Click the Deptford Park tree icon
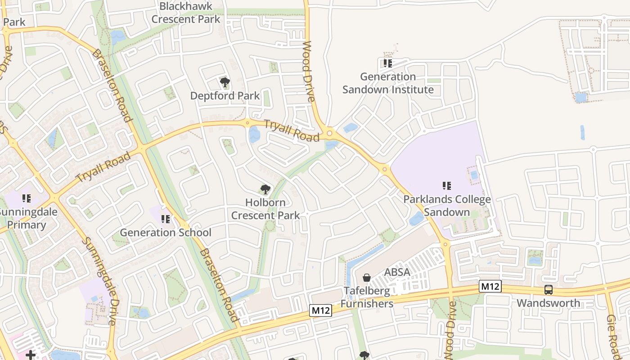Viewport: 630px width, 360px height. click(225, 82)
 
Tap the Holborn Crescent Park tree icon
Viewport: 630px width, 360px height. click(265, 189)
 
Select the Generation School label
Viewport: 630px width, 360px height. click(165, 233)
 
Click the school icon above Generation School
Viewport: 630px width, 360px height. click(165, 219)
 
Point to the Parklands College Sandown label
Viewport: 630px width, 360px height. click(447, 206)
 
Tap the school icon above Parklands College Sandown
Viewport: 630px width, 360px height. click(446, 185)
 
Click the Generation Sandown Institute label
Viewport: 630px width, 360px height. click(388, 83)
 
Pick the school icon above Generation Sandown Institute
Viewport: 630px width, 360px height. click(387, 63)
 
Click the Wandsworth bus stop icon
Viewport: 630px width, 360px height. click(548, 290)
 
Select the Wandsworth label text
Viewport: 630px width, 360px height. click(548, 303)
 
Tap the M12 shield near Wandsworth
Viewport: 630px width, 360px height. click(490, 286)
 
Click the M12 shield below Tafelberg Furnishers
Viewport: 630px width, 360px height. click(320, 310)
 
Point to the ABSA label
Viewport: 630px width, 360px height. click(397, 272)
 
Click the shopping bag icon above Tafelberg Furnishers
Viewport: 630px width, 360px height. click(367, 278)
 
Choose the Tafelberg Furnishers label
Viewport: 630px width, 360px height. click(367, 297)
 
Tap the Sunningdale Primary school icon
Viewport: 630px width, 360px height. click(26, 198)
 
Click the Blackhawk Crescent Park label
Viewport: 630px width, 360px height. click(186, 13)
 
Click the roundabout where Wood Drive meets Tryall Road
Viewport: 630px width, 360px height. click(330, 133)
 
